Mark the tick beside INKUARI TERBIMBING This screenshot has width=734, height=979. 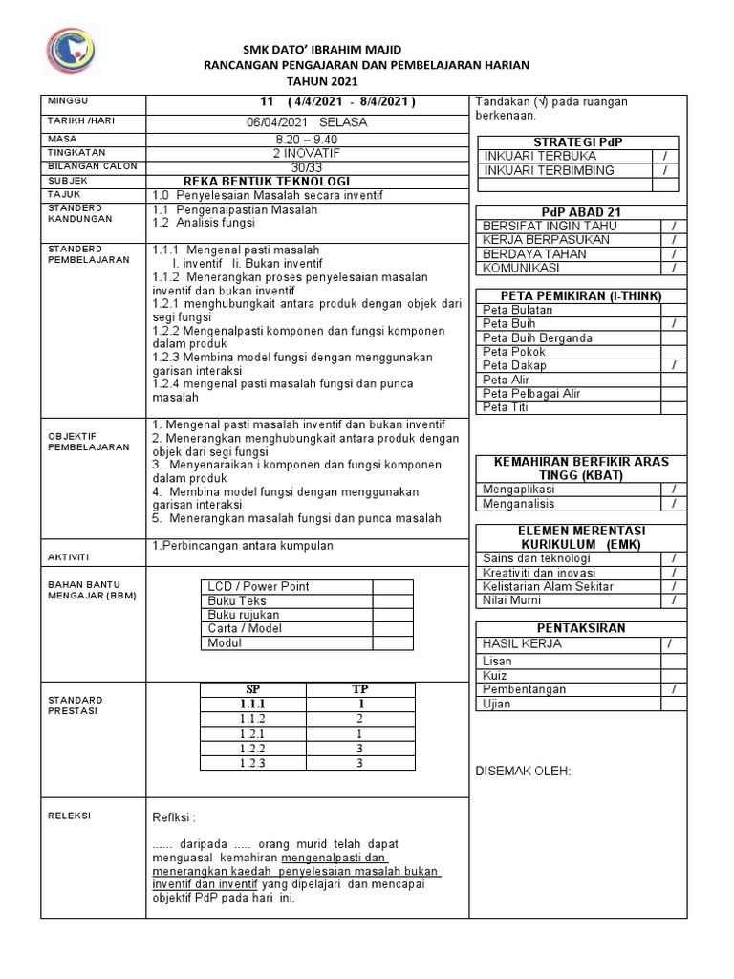coord(664,170)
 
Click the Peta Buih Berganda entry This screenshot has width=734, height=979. coord(537,337)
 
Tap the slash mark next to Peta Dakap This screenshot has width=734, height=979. coord(673,365)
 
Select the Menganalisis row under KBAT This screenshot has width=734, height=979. coord(518,503)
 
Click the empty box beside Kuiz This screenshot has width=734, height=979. coord(673,675)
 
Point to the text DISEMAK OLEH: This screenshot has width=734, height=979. coord(523,771)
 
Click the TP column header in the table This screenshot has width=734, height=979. coord(359,689)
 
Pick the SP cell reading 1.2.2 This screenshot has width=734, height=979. coord(252,749)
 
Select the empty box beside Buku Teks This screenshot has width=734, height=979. coord(392,600)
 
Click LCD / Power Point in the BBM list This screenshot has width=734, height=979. coord(258,586)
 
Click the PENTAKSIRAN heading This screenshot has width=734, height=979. coord(581,628)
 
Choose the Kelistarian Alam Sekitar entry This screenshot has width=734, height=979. coord(549,586)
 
